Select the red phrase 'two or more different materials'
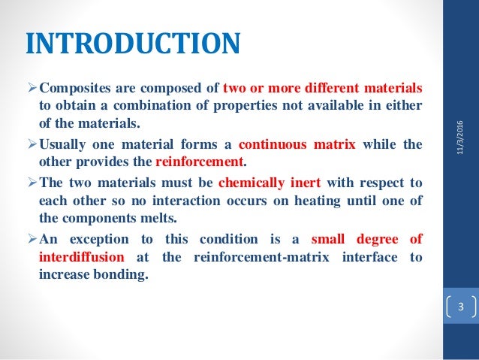[x=323, y=86]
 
